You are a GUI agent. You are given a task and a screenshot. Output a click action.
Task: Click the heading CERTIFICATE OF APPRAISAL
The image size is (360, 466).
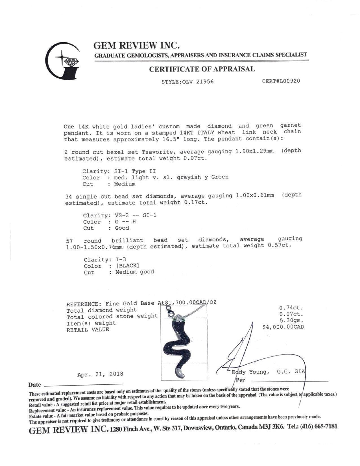pos(202,69)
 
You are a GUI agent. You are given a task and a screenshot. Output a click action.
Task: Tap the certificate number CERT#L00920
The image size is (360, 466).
pos(281,81)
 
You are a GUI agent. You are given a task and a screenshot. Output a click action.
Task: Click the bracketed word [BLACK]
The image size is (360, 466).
pos(127,266)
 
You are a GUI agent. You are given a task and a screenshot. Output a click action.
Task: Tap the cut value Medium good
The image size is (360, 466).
pos(135,272)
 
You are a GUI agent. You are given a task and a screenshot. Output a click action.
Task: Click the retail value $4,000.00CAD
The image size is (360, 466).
pos(283,327)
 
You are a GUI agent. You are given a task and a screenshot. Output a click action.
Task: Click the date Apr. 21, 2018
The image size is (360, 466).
pos(100,374)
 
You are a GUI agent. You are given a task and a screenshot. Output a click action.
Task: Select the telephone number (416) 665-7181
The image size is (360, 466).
pos(320,426)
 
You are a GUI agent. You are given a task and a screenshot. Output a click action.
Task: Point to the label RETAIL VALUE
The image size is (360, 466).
pos(88,330)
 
